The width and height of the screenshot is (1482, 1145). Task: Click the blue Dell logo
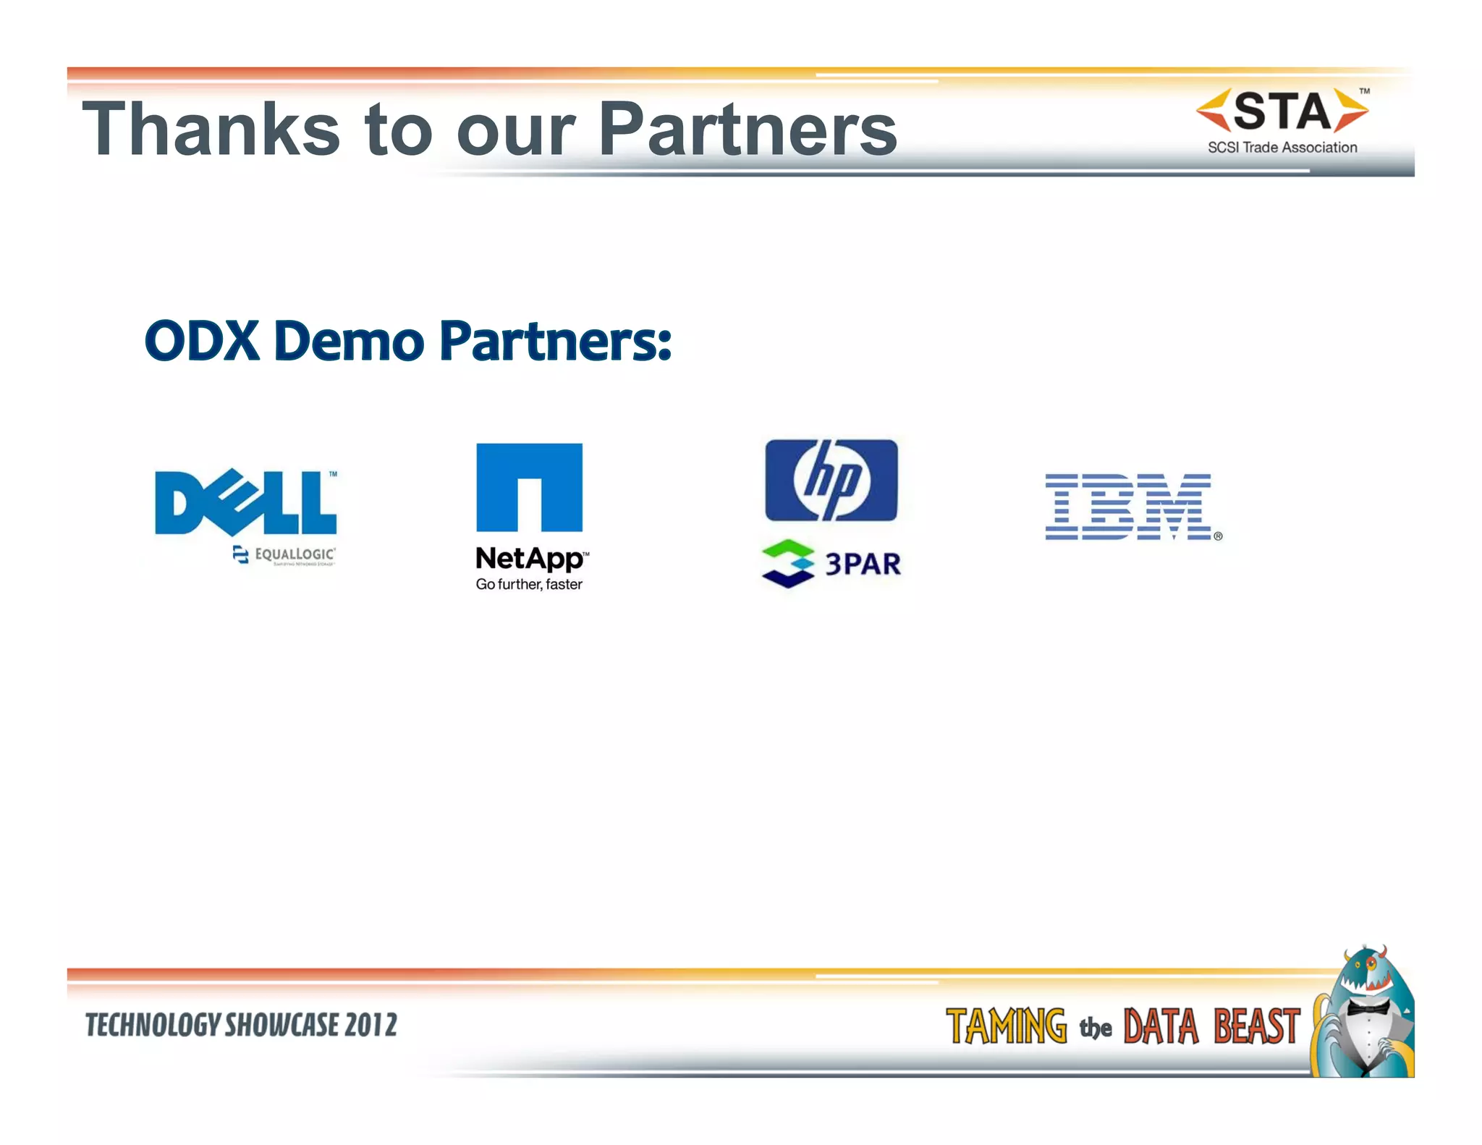[245, 502]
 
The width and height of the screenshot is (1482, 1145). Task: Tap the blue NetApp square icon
[529, 487]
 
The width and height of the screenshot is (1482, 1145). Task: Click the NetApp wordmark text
[530, 558]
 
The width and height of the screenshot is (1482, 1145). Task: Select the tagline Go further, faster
[529, 584]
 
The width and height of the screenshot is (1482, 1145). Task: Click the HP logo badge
[831, 480]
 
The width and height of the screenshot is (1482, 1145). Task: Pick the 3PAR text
[863, 564]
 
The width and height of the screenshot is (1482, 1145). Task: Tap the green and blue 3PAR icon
[787, 564]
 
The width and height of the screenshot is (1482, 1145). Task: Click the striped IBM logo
[1129, 507]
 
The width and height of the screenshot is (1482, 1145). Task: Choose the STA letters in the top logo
[1282, 111]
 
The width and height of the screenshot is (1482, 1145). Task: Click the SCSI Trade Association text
[1282, 148]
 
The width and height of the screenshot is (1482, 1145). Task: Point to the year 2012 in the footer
[370, 1025]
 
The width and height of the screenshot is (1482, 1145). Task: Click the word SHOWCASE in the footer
[281, 1025]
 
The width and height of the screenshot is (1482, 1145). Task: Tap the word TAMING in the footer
[1006, 1026]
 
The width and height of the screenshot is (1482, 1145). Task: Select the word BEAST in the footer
[1257, 1026]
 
